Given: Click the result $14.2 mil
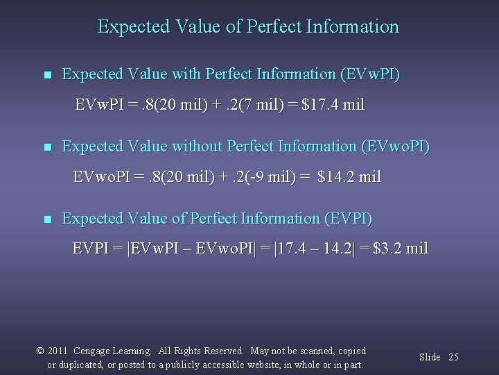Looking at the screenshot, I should [349, 176].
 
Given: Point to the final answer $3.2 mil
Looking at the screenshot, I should [401, 249].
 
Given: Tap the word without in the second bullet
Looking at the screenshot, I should [184, 147].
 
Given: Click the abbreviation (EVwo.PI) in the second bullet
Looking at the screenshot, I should [396, 147].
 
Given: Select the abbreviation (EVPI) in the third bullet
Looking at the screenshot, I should [348, 219].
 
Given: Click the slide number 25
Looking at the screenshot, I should [453, 357].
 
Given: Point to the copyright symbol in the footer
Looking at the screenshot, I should [40, 351].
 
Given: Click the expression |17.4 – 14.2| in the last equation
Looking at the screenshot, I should [322, 249].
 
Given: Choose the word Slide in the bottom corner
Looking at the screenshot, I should [430, 357].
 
